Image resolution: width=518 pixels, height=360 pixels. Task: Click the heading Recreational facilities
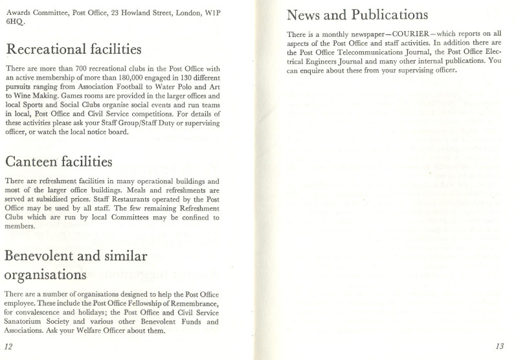coord(73,50)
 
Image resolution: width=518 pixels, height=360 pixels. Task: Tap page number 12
coord(9,346)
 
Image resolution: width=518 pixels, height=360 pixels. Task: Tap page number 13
coord(499,346)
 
